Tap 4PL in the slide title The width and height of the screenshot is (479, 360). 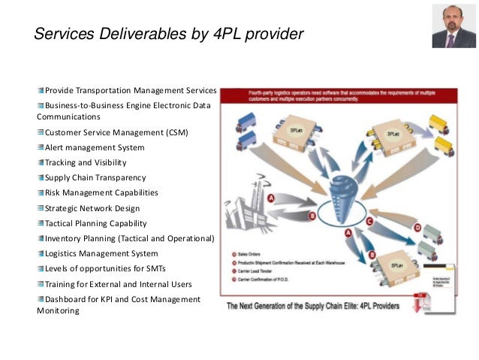tap(227, 34)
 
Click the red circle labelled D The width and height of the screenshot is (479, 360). tap(417, 227)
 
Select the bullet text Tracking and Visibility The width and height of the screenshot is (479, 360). tap(86, 162)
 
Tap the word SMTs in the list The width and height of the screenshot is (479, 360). tap(155, 268)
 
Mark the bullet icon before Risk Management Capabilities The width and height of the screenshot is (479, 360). tap(41, 193)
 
